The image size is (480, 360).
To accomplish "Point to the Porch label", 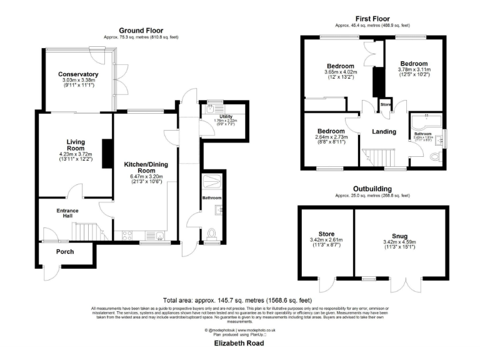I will (x=65, y=252).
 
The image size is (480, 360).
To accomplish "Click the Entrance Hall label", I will (x=67, y=213).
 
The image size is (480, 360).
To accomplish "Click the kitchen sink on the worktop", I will (x=159, y=236).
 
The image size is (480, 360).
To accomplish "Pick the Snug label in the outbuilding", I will (x=400, y=236).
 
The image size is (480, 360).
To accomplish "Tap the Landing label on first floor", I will (x=384, y=131).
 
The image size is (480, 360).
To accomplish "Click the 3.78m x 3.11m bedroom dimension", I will (x=414, y=71).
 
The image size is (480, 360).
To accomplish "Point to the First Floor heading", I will (x=372, y=19).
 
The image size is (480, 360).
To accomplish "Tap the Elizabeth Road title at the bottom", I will (x=239, y=344).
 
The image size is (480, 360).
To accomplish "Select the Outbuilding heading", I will (x=372, y=188).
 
